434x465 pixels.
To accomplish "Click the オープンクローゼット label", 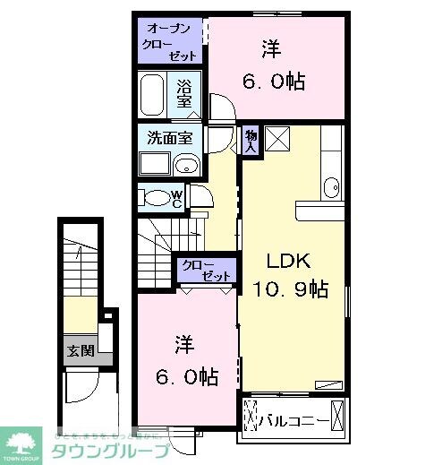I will click(170, 41).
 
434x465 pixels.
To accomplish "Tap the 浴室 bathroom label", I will click(184, 93).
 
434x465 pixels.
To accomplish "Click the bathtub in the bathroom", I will click(152, 96).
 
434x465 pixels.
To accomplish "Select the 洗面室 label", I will click(169, 139).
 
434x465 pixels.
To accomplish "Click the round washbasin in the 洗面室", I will click(187, 164).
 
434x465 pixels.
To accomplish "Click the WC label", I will click(177, 199).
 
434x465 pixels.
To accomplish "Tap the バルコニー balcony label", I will click(293, 418).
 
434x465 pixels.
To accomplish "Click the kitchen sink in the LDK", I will click(332, 186).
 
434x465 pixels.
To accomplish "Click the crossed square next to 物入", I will click(277, 140).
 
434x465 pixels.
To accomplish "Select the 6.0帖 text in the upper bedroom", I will click(274, 82).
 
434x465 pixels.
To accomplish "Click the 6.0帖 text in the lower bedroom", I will click(186, 375).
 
